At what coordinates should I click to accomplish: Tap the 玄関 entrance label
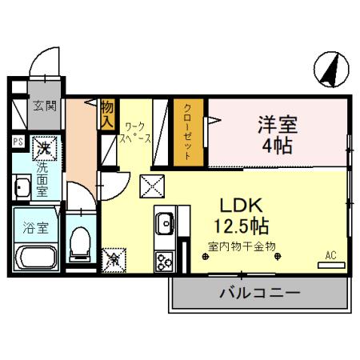pyautogui.click(x=43, y=106)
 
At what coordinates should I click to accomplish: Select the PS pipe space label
pyautogui.click(x=18, y=143)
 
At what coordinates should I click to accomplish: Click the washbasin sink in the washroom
pyautogui.click(x=22, y=190)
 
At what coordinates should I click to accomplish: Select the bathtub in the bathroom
pyautogui.click(x=35, y=258)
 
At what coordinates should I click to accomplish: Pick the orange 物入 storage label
pyautogui.click(x=107, y=113)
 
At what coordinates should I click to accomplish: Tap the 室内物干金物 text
pyautogui.click(x=242, y=246)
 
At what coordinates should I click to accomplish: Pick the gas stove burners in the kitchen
pyautogui.click(x=166, y=260)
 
